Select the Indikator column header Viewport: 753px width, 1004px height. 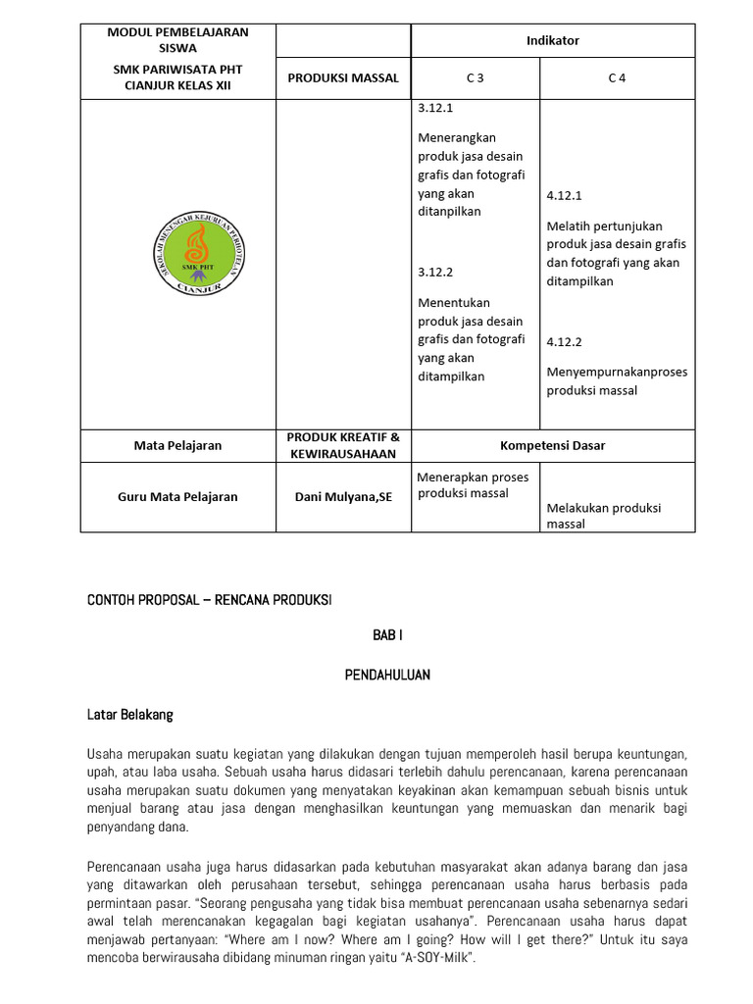point(552,40)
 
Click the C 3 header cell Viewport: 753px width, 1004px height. point(475,78)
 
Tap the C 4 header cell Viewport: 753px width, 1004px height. point(617,78)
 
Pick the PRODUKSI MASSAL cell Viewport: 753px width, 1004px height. point(343,78)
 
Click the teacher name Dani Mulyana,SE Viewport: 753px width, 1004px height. point(343,497)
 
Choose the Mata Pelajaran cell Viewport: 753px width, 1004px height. point(177,445)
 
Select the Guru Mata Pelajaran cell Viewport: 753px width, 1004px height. point(177,497)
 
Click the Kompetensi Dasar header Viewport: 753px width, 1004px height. point(552,445)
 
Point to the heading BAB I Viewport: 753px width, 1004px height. point(387,635)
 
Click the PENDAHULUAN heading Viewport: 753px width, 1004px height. point(387,676)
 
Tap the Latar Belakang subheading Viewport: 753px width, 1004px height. point(129,715)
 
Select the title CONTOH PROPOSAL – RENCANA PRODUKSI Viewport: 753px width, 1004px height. point(209,600)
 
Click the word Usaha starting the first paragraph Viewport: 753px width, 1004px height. point(104,753)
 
